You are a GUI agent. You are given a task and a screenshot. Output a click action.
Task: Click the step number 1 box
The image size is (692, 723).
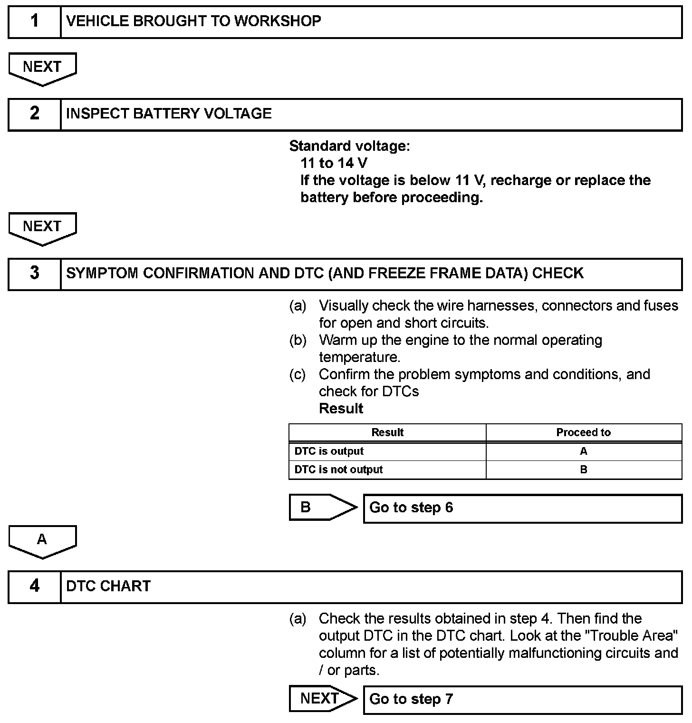[x=35, y=21]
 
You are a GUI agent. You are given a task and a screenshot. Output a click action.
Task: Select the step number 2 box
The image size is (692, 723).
[x=35, y=114]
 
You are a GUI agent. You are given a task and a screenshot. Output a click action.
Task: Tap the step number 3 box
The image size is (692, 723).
[x=35, y=274]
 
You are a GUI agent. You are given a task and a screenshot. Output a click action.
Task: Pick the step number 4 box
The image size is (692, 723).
[x=35, y=586]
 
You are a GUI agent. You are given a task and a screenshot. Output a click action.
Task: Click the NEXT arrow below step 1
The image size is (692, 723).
[x=42, y=68]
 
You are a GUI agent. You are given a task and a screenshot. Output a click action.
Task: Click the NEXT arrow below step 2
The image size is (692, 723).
[x=42, y=227]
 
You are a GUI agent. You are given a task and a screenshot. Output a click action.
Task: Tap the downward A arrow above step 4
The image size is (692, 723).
[x=42, y=541]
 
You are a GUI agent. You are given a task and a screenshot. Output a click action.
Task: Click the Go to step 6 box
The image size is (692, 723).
[x=523, y=508]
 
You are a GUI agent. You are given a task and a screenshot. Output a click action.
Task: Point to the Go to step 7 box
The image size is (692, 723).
[x=523, y=700]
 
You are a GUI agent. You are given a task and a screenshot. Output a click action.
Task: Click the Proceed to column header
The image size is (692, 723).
[x=584, y=432]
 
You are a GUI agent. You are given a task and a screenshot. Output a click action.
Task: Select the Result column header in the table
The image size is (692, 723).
[x=387, y=432]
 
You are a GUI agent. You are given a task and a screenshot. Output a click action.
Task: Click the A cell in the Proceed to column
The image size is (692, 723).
[x=584, y=451]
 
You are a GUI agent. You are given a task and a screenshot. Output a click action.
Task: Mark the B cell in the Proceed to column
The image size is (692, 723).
[x=584, y=470]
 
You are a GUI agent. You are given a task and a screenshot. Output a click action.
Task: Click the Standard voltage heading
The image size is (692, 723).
[x=349, y=146]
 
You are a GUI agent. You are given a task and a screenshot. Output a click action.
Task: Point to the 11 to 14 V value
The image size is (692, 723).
[x=334, y=163]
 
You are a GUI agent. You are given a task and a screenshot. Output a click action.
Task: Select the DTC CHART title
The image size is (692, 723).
[x=108, y=586]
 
